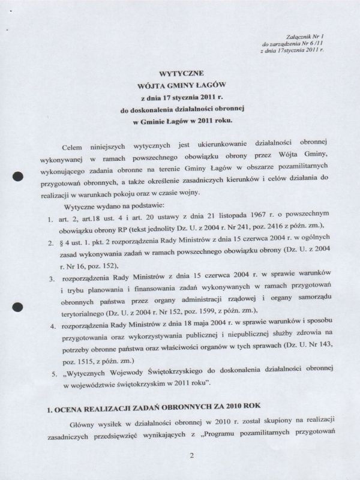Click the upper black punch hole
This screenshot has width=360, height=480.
click(18, 175)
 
